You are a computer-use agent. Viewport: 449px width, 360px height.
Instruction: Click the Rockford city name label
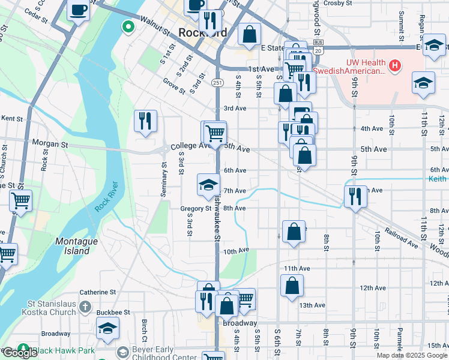tap(203, 33)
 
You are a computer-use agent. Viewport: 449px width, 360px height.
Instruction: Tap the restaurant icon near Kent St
tap(145, 121)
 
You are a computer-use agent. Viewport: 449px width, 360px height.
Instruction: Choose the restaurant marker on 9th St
tap(355, 196)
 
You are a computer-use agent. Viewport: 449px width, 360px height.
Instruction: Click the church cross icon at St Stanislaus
tap(85, 307)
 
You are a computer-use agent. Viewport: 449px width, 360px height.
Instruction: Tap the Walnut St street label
tap(152, 28)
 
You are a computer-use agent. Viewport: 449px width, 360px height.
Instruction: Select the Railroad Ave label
tap(401, 234)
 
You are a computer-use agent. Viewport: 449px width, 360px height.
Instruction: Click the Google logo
tap(20, 353)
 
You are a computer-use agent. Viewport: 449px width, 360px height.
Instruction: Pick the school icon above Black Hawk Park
tap(107, 328)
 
